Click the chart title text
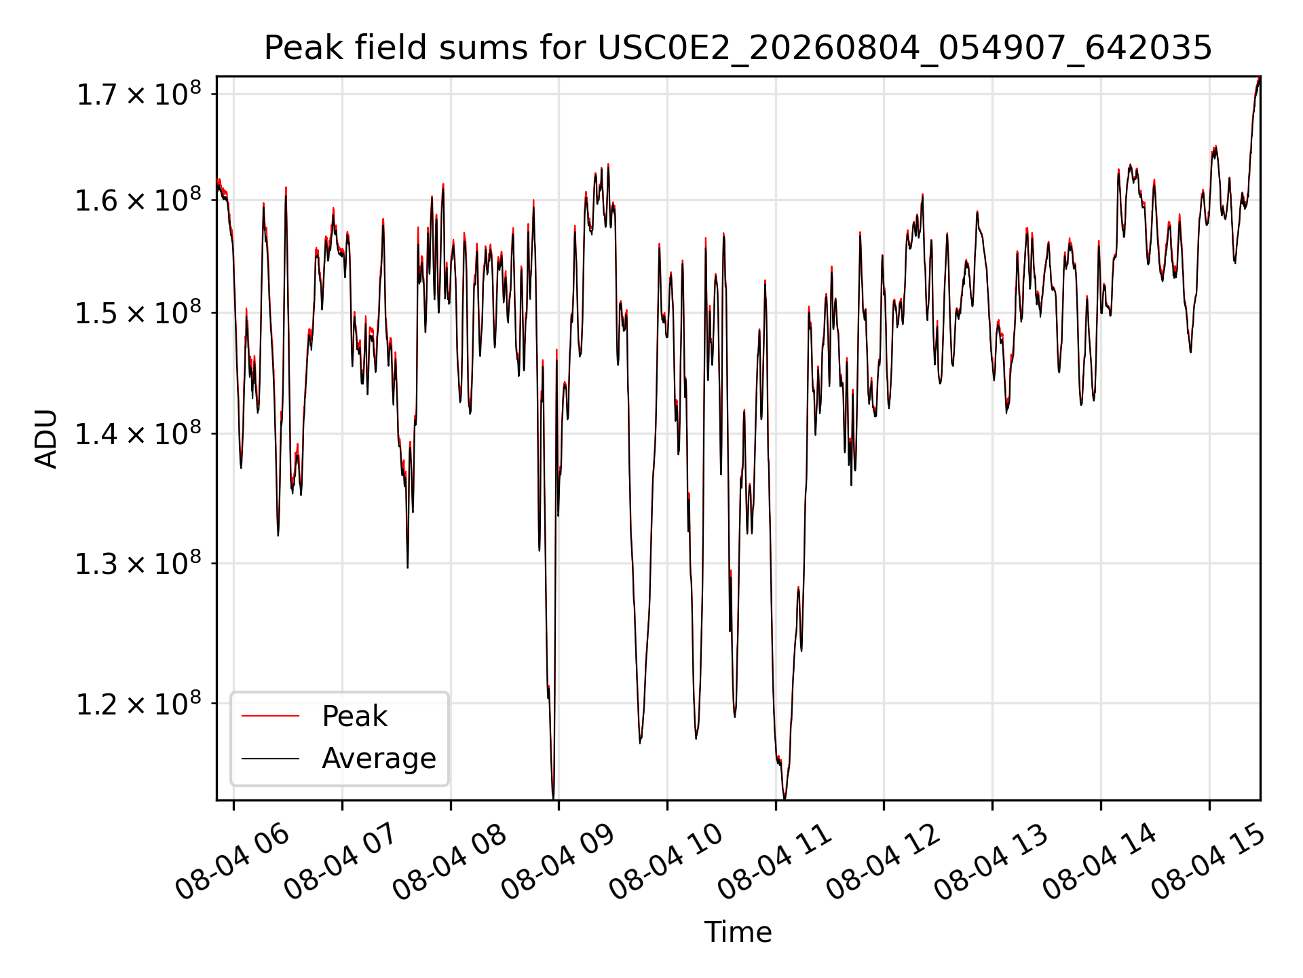click(738, 48)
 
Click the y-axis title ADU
click(46, 438)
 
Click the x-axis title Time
click(738, 932)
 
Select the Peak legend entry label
click(354, 716)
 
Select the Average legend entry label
click(379, 758)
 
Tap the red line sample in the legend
click(270, 716)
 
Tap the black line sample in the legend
click(270, 758)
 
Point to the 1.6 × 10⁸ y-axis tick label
click(139, 200)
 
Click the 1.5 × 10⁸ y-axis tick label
click(139, 312)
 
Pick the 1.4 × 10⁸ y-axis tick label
click(139, 433)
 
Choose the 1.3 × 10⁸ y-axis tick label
click(139, 563)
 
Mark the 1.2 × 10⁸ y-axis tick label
click(139, 704)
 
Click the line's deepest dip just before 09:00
click(553, 798)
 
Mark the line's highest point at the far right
click(1259, 78)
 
